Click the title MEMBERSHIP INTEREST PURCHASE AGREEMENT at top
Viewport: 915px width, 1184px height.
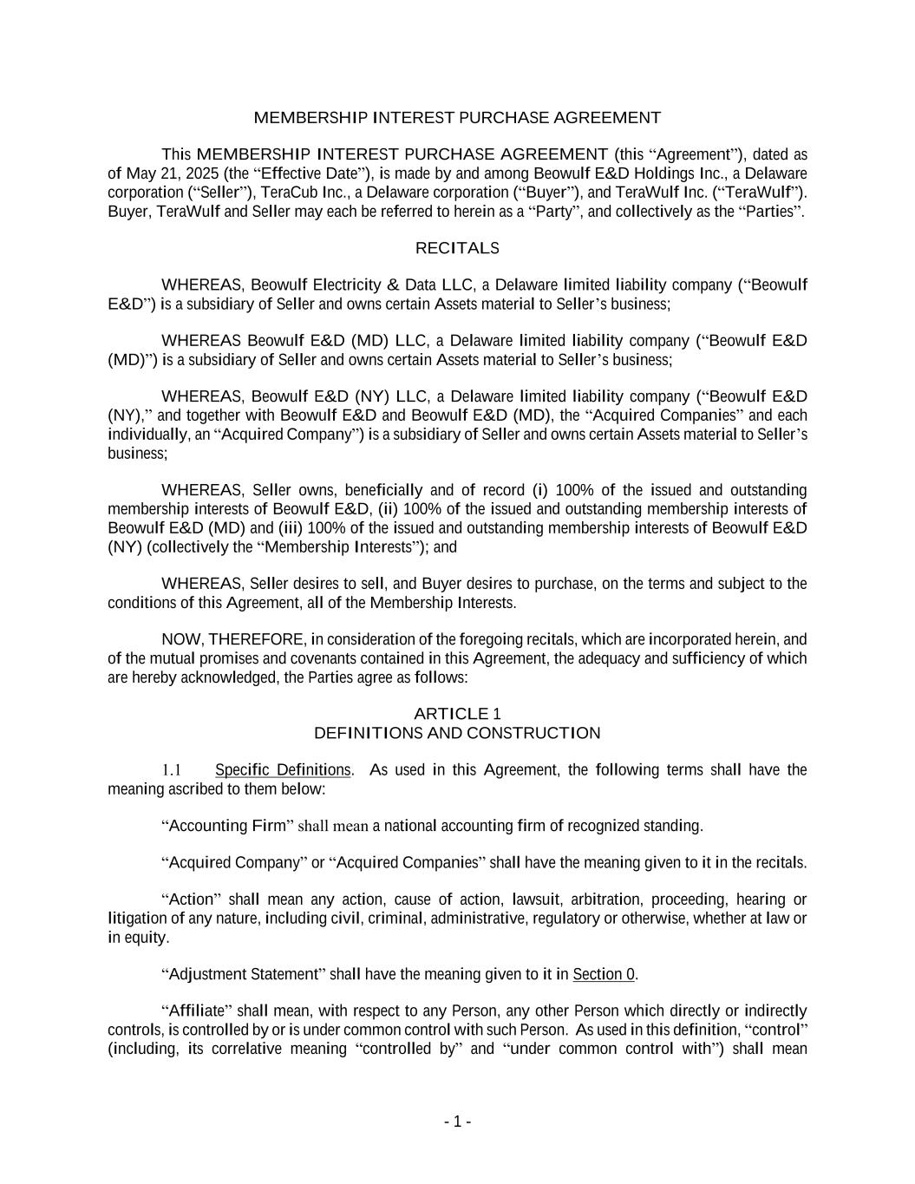click(457, 117)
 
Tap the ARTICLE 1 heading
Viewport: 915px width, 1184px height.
click(457, 714)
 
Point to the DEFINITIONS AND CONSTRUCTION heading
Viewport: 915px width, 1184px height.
click(457, 733)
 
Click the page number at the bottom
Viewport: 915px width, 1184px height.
click(457, 1122)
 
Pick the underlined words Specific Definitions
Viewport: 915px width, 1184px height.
click(283, 770)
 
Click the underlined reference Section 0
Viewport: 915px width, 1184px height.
click(604, 974)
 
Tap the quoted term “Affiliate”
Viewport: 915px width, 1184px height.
click(193, 1011)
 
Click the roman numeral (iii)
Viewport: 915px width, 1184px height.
click(290, 528)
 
